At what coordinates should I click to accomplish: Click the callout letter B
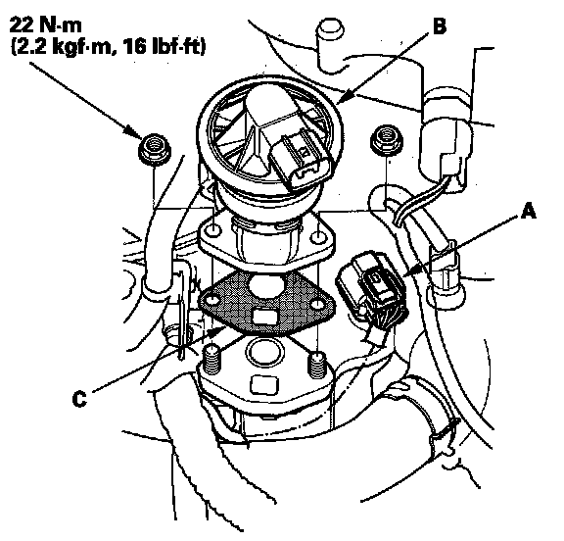pos(440,26)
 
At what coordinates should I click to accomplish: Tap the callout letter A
pos(528,211)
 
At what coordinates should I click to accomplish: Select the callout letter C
pos(79,399)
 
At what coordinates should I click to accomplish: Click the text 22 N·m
pos(45,25)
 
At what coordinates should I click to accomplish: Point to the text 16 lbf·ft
pos(164,46)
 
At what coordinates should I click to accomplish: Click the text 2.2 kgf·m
pos(64,47)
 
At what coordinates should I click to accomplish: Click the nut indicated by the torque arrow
pos(155,149)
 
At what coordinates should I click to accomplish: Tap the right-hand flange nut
pos(387,138)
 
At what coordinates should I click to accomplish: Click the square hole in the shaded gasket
pos(265,317)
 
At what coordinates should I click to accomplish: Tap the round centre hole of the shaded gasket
pos(266,287)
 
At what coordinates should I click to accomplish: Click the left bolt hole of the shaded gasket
pos(212,300)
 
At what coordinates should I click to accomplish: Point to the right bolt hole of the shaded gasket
pos(318,305)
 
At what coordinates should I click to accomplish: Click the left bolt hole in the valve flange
pos(213,229)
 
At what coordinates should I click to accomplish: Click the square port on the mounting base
pos(264,385)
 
